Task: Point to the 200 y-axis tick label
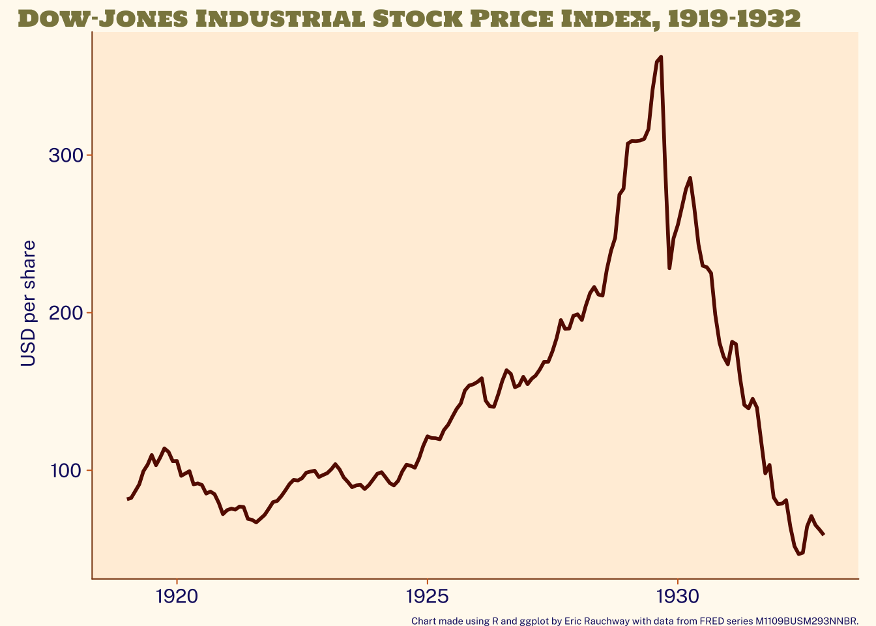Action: [x=66, y=313]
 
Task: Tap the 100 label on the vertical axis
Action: [x=66, y=471]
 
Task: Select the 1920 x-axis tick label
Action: [x=177, y=596]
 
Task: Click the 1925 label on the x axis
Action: [x=427, y=596]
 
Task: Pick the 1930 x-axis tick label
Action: [x=678, y=596]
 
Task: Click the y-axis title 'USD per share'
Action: [x=29, y=304]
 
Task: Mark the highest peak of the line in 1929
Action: [x=661, y=57]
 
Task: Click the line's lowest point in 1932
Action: [x=798, y=554]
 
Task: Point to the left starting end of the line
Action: [x=128, y=499]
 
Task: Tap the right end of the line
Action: [x=824, y=535]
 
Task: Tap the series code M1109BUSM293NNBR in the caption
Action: [x=806, y=621]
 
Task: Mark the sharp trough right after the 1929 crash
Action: [x=669, y=268]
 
